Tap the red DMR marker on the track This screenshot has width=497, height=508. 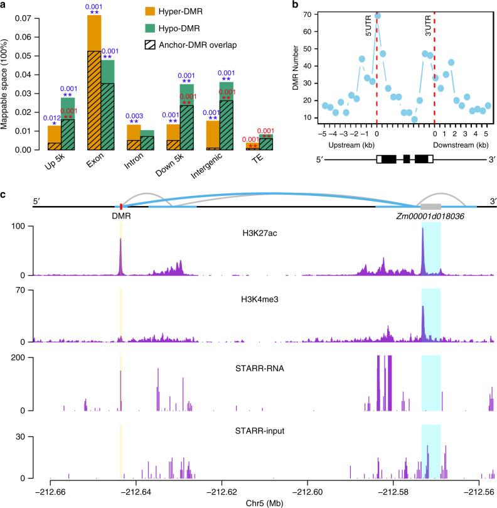120,205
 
